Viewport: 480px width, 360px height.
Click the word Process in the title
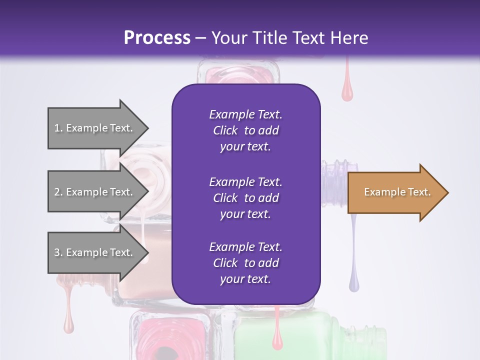tap(157, 37)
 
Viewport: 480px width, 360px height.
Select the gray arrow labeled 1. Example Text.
tap(95, 128)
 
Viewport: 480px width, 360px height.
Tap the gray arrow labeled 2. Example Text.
tap(95, 192)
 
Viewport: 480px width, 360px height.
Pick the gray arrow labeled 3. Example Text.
tap(95, 252)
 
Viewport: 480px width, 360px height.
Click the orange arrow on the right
tap(395, 192)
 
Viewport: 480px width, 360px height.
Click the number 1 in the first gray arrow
tap(57, 128)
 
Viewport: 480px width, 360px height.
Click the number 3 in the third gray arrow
tap(57, 252)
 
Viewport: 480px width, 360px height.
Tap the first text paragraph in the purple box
tap(245, 130)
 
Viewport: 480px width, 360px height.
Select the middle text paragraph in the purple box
tap(245, 197)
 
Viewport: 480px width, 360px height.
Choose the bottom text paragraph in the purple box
tap(245, 263)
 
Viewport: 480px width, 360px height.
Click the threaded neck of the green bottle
tap(377, 340)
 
